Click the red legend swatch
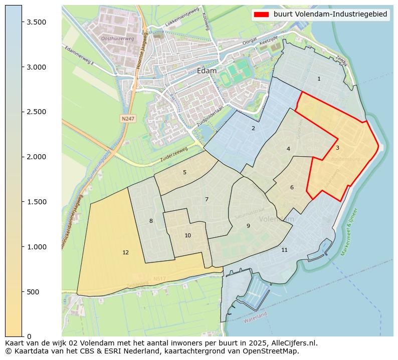262,14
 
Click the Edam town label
207,71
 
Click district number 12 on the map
125,252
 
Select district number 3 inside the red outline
337,148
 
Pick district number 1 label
319,79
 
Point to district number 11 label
284,250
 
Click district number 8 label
151,221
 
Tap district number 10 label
187,235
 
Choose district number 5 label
184,172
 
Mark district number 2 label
253,128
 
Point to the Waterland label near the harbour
255,317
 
